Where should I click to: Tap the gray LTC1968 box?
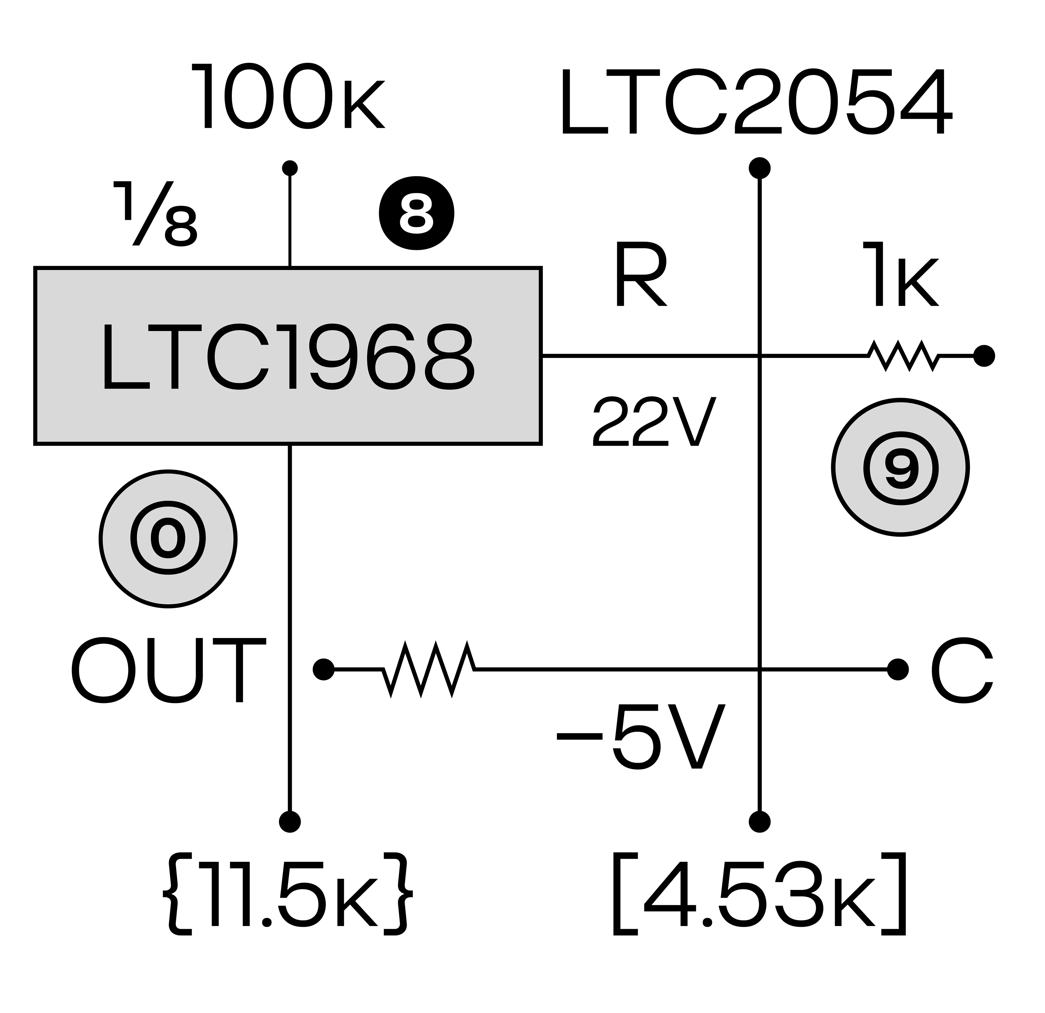click(288, 356)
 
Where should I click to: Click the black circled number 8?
click(416, 213)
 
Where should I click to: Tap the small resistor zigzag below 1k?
click(903, 356)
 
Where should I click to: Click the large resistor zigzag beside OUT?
click(429, 669)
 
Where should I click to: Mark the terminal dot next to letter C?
click(898, 669)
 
